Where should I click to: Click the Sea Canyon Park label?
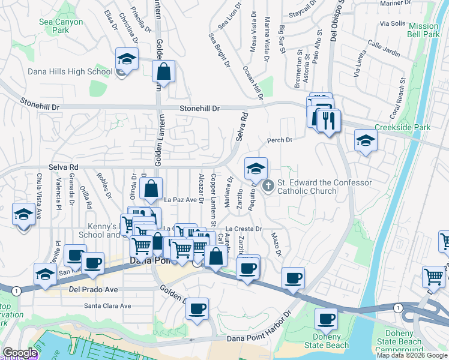tap(60, 26)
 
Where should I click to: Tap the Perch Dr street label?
tap(280, 140)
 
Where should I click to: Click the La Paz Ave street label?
tap(181, 200)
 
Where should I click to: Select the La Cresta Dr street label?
tap(244, 229)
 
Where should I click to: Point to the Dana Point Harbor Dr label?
tap(258, 338)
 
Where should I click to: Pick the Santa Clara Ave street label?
tap(107, 305)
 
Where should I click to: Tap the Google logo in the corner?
tap(20, 353)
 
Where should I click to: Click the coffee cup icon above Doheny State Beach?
tap(327, 319)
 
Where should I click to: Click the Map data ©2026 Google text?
tap(412, 355)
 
